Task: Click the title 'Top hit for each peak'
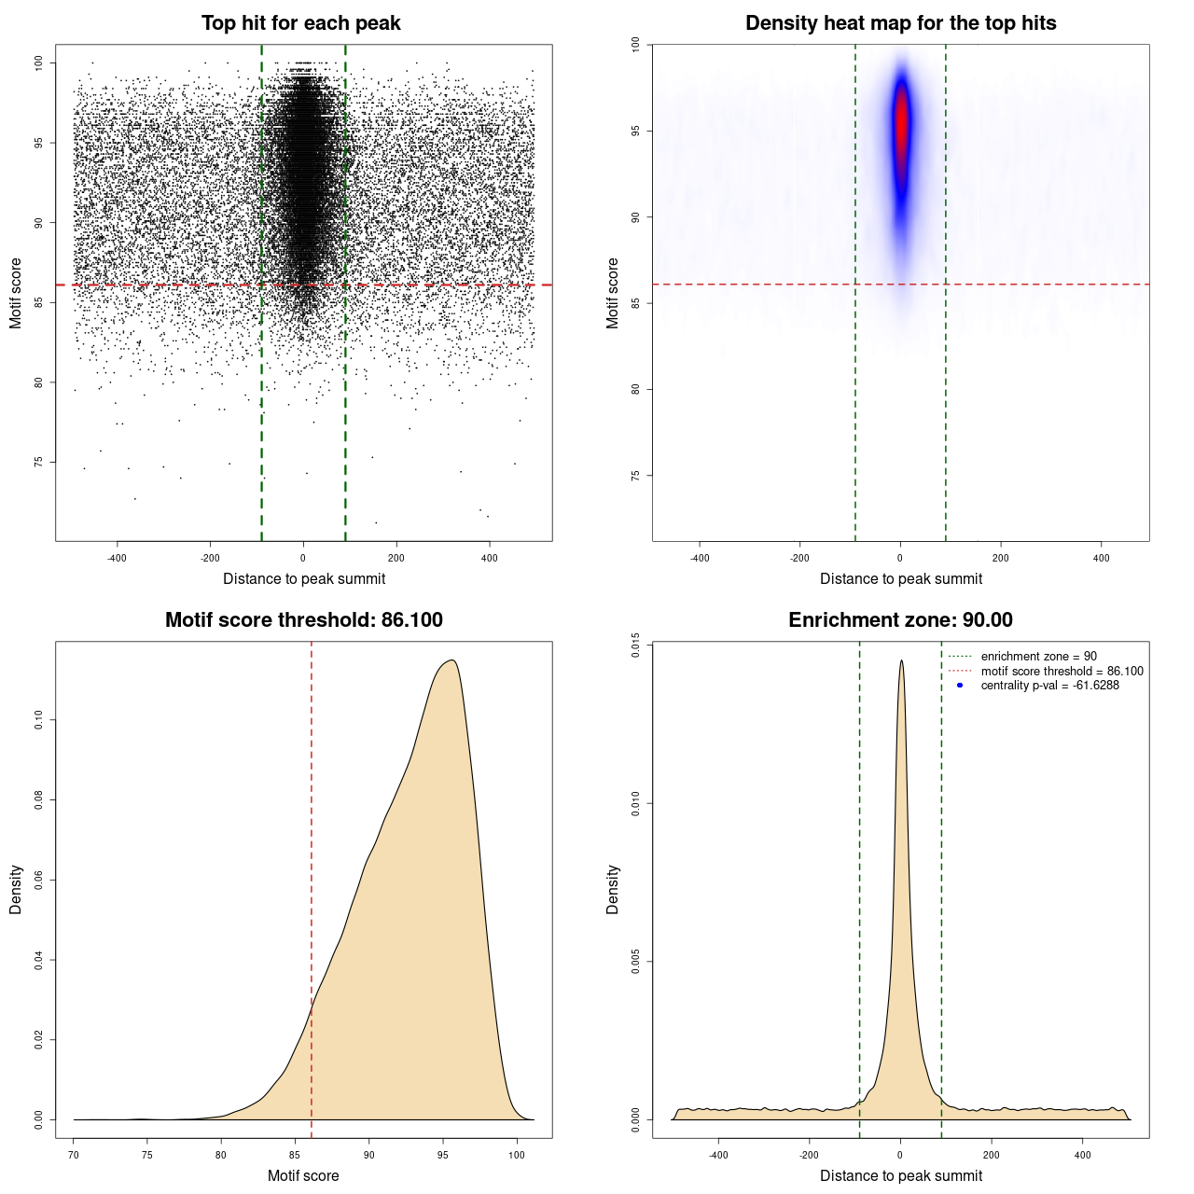300,23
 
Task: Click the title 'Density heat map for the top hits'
900,23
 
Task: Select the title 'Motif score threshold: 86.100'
303,620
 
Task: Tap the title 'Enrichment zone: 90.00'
900,620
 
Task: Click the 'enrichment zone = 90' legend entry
1038,657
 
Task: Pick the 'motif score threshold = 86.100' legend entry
1062,672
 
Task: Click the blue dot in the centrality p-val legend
960,686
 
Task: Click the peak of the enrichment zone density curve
901,661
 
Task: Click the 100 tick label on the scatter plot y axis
39,62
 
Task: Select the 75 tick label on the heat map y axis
636,476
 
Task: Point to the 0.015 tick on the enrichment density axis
636,645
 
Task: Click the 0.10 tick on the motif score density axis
39,720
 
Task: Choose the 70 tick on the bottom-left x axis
74,1155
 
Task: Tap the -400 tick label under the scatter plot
117,558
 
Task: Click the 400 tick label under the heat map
1102,558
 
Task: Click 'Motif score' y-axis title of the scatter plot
16,293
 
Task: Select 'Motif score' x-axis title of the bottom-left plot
303,1175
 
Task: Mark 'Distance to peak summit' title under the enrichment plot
900,1175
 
